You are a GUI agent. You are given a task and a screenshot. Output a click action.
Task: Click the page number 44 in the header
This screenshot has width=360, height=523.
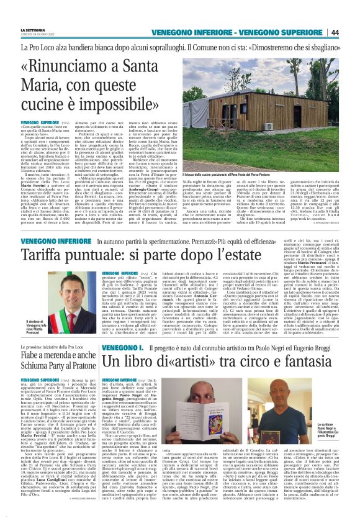click(351, 32)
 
